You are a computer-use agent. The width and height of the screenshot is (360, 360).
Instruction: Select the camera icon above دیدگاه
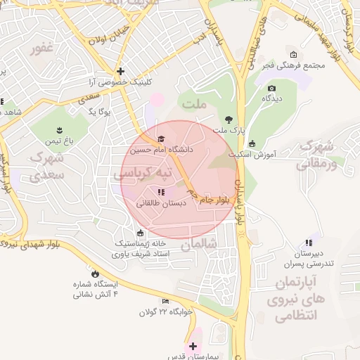[x=271, y=89]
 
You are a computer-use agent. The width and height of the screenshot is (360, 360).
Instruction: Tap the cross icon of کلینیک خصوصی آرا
[x=120, y=71]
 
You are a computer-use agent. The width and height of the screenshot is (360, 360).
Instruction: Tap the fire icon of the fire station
[x=95, y=273]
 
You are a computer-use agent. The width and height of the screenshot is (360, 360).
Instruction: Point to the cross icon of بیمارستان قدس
[x=193, y=346]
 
